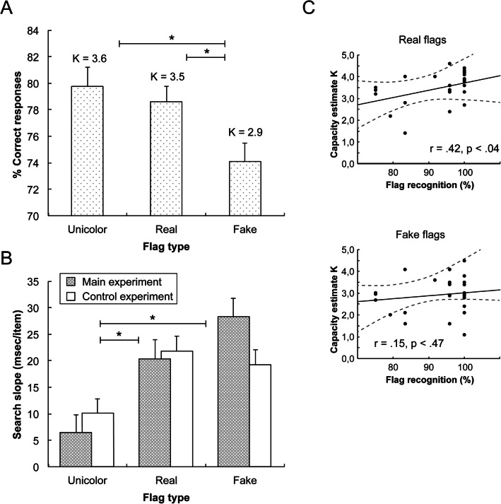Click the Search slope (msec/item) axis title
point(13,374)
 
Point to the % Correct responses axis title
point(13,123)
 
